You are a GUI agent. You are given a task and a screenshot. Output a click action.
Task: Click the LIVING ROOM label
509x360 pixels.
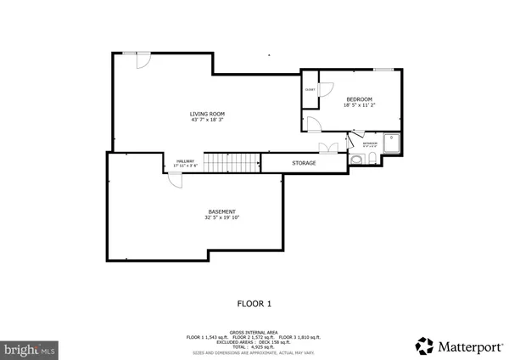click(207, 114)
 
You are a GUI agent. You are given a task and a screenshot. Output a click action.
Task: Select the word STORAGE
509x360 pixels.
click(304, 163)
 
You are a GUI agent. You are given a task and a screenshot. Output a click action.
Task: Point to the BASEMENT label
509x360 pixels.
click(221, 211)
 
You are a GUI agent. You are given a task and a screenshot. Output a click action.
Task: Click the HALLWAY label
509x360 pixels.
click(185, 161)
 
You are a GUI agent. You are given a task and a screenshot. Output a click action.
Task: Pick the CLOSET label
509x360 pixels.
click(310, 90)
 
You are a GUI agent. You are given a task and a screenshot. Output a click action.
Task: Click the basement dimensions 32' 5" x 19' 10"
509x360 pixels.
click(221, 217)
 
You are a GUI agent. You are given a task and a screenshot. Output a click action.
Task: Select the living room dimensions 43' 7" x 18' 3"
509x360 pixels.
click(207, 120)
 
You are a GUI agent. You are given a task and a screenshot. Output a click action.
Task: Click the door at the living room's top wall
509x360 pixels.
click(142, 59)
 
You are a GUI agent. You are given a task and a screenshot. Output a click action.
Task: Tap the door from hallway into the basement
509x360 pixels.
click(174, 179)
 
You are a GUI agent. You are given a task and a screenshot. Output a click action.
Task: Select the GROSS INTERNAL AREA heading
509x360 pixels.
click(254, 332)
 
